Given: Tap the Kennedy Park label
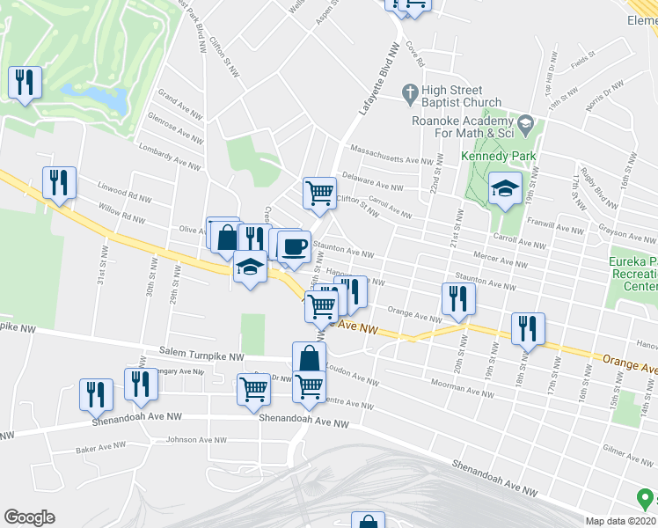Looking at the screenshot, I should [498, 156].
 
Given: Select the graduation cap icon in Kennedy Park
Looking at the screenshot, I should [505, 188].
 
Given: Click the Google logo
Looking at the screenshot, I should [29, 517].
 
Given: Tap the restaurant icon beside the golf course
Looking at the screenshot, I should [25, 83].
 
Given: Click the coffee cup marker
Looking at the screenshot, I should [294, 246].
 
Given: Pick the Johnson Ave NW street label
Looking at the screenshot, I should [194, 440].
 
